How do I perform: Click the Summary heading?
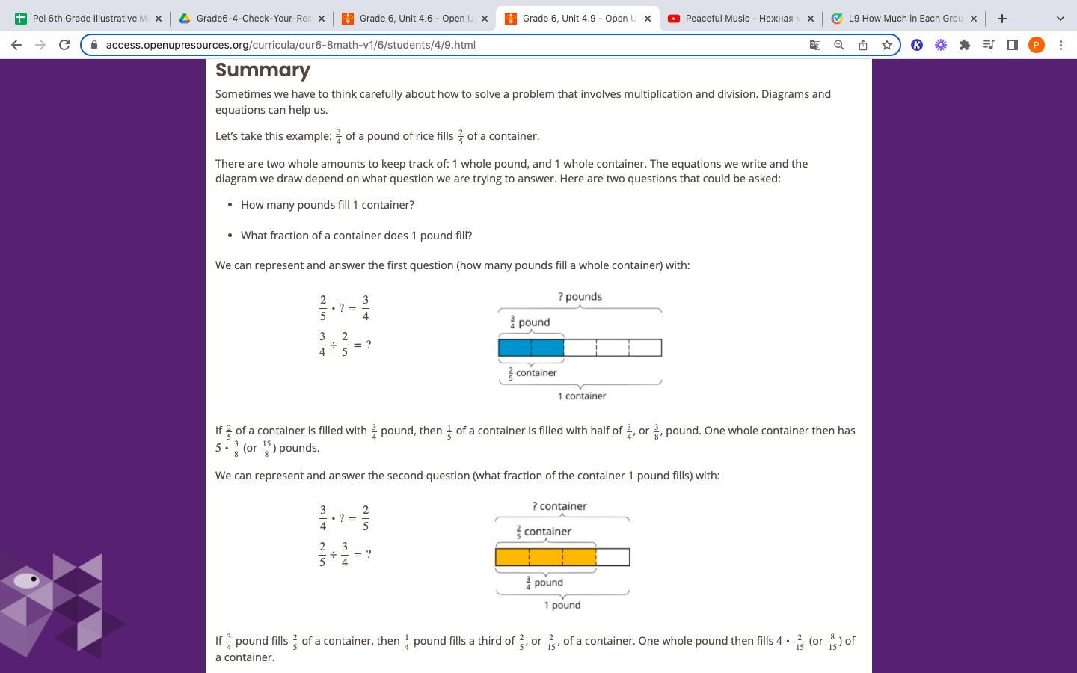tap(263, 70)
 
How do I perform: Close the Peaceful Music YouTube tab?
tap(811, 19)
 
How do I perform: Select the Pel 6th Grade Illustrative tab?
tap(85, 19)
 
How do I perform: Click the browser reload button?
tap(64, 45)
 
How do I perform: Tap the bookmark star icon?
tap(887, 45)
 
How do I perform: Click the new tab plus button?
tap(1002, 19)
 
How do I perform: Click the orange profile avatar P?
tap(1036, 45)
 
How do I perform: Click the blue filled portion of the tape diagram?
tap(531, 348)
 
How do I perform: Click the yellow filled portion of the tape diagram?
tap(545, 557)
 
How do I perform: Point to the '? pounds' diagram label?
tap(580, 297)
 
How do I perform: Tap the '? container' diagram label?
tap(559, 506)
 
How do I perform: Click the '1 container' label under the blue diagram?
tap(582, 396)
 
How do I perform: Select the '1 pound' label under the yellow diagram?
tap(562, 606)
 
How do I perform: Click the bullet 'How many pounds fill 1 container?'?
tap(327, 205)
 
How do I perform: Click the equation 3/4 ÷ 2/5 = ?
tap(345, 345)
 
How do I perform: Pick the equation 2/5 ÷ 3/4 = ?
tap(345, 554)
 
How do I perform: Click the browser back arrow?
tap(16, 45)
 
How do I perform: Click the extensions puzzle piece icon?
tap(965, 45)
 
